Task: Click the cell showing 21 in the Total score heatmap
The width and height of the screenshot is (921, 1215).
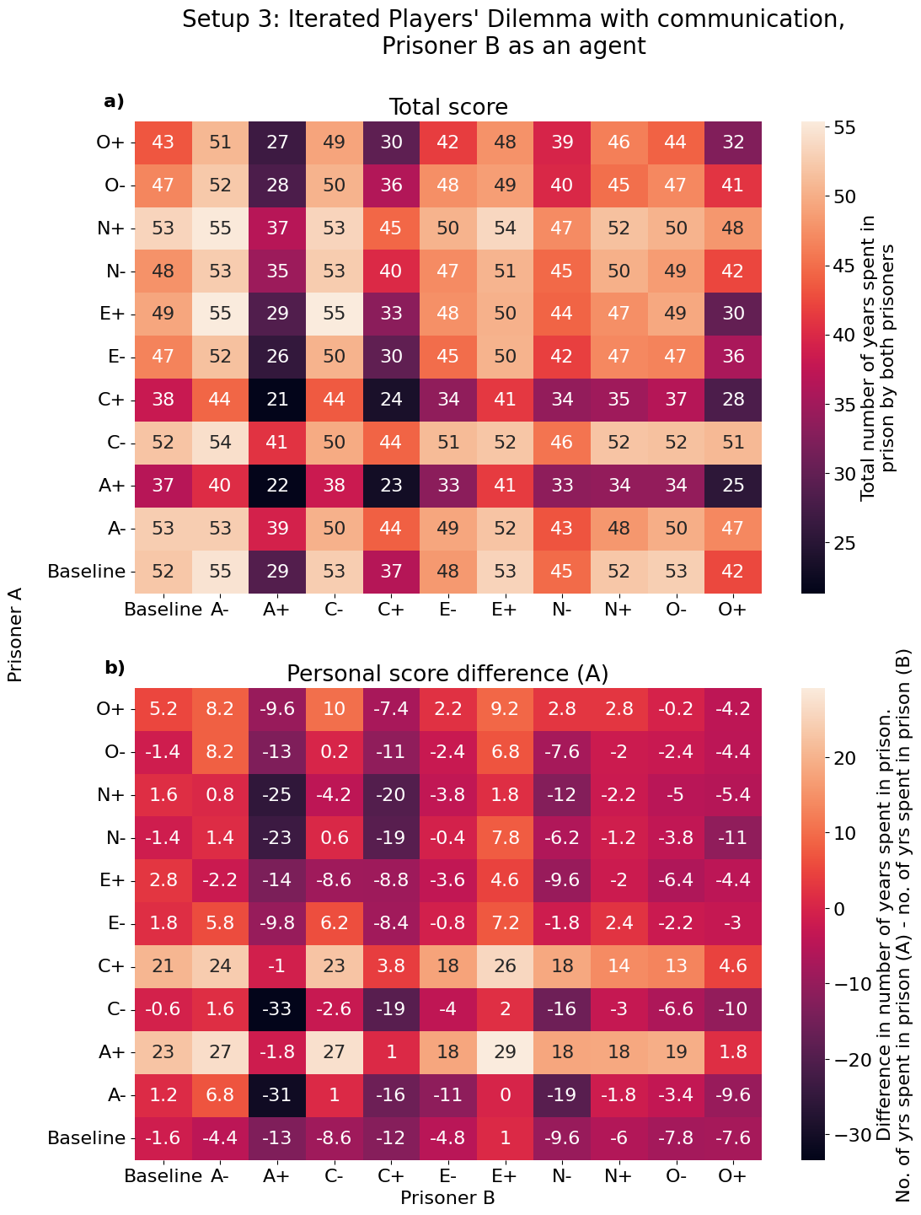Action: click(277, 400)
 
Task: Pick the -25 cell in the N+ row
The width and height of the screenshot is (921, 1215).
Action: click(277, 795)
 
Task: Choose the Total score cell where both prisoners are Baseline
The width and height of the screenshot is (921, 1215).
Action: click(164, 571)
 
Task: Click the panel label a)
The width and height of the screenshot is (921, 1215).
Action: click(114, 102)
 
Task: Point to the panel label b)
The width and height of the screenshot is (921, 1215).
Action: click(115, 669)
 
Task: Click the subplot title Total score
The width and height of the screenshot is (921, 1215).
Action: click(447, 108)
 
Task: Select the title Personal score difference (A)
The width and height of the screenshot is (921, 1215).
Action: click(447, 674)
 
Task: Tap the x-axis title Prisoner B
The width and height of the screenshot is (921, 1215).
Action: click(447, 1197)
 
